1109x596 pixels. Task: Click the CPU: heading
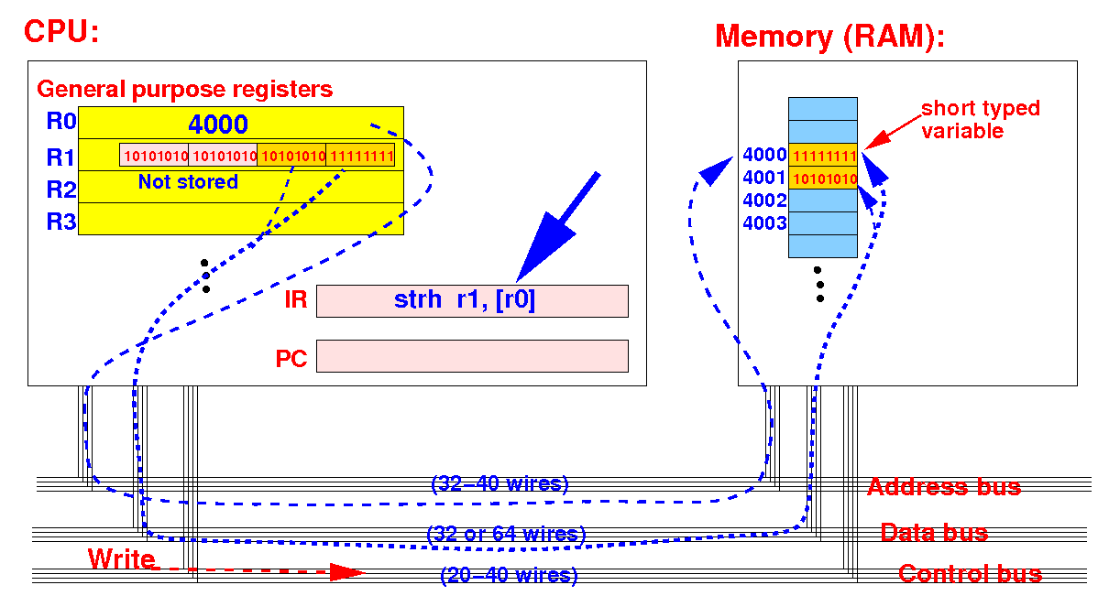click(61, 32)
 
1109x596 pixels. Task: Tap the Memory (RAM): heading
click(829, 38)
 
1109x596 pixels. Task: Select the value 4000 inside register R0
click(218, 125)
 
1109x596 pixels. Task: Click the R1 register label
click(60, 157)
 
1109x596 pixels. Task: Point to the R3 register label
click(61, 221)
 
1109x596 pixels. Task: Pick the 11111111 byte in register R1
click(360, 156)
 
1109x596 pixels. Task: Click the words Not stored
click(188, 181)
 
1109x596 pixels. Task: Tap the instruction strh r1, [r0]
click(465, 299)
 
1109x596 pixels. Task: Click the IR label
click(295, 299)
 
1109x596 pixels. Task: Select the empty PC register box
click(472, 355)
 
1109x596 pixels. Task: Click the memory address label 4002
click(764, 200)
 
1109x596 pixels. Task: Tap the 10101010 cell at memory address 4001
click(823, 178)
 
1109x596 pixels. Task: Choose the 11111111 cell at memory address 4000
click(823, 155)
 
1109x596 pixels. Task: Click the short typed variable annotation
click(981, 119)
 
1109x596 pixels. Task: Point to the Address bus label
click(944, 487)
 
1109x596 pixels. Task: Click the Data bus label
click(934, 532)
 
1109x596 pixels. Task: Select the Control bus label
click(971, 574)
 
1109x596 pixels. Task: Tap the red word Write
click(121, 558)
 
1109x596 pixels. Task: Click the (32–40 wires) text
click(500, 483)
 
